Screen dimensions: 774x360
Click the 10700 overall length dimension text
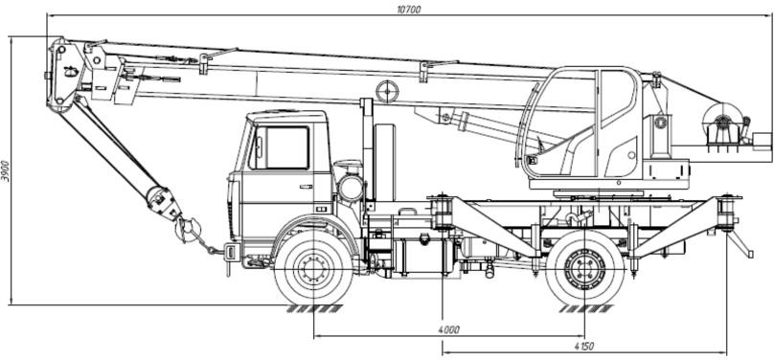(x=409, y=9)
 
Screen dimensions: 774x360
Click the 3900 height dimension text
(x=6, y=170)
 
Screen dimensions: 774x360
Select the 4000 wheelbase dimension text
(x=448, y=329)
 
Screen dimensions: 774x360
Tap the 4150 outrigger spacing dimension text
(x=584, y=347)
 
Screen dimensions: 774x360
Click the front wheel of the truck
(x=313, y=268)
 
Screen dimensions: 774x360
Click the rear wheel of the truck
(x=585, y=268)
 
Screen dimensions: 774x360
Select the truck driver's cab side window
(x=280, y=147)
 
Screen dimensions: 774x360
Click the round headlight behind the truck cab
(x=351, y=189)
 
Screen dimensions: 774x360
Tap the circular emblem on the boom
(x=387, y=92)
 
